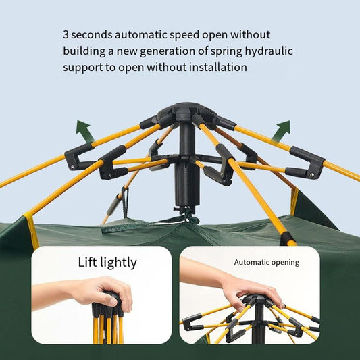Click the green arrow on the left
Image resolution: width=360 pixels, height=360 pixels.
[84, 131]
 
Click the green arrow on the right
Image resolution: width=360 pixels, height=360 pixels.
[282, 131]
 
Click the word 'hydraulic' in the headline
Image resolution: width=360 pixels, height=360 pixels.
[269, 51]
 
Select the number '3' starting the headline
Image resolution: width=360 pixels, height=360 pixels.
[66, 35]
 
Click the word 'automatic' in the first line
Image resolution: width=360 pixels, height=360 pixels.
[140, 35]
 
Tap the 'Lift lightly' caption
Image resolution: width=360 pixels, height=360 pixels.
[107, 263]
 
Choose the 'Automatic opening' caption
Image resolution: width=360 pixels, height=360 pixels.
[267, 262]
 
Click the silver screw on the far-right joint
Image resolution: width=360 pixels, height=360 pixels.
[311, 175]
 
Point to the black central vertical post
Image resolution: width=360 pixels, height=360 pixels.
[187, 165]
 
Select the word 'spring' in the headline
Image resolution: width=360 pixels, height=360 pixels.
[226, 51]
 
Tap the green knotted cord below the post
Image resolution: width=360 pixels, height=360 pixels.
[188, 216]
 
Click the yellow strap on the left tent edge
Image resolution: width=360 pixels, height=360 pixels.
[32, 230]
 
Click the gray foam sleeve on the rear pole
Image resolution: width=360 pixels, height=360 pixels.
[113, 209]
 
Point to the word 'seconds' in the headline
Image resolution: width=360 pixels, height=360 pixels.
[92, 35]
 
